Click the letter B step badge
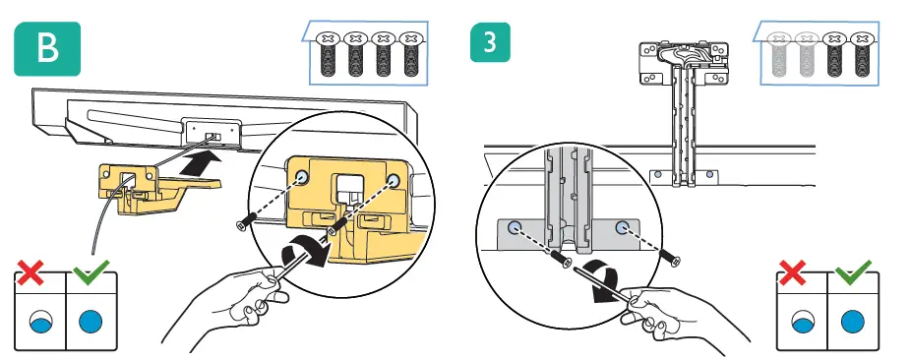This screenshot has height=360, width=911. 47,49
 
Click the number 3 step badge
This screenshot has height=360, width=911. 490,42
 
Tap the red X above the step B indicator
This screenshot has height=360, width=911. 30,272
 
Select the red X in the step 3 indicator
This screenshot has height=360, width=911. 792,272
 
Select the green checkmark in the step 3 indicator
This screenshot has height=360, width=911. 853,270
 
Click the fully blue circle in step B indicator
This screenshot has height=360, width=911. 91,321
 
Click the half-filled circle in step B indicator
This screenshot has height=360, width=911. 40,321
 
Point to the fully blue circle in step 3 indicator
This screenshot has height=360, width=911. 852,321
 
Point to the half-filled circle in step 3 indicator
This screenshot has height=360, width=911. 803,321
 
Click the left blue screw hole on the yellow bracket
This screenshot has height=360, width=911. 301,177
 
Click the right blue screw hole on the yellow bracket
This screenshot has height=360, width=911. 394,181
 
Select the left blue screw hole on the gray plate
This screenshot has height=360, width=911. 514,226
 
